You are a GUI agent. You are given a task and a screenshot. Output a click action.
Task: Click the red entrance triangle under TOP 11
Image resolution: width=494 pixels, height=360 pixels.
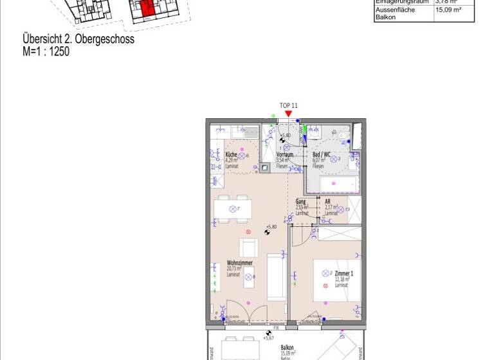point(289,114)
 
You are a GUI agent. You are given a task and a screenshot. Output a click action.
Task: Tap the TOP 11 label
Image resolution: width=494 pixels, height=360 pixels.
point(289,105)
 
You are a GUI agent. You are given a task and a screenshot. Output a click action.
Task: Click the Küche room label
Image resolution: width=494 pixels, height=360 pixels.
point(231,155)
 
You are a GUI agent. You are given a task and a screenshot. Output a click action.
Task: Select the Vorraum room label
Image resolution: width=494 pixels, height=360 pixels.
point(284,155)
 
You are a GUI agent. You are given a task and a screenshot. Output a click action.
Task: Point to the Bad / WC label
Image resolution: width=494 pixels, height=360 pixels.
point(321,155)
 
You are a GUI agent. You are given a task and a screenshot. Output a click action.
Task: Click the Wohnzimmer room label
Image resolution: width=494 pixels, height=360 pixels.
point(239,263)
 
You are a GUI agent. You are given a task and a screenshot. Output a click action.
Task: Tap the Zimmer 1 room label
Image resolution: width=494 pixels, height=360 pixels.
point(344,273)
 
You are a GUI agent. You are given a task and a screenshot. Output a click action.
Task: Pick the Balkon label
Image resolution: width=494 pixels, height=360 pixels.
point(288,348)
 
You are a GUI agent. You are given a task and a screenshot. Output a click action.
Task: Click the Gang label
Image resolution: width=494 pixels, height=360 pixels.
point(300,201)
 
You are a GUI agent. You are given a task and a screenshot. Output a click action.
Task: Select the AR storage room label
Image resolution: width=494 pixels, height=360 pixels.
point(328,201)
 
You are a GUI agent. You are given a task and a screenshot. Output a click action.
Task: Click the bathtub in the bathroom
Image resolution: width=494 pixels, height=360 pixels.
point(332,185)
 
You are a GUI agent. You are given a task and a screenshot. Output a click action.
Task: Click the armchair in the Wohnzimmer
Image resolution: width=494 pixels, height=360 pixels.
point(249,248)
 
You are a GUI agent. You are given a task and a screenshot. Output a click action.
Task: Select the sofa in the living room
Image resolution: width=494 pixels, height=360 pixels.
point(277,276)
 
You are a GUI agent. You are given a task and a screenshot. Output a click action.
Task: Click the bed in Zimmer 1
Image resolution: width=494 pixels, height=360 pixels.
point(338,280)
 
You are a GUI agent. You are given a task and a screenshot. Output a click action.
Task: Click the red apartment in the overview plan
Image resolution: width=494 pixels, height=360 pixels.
point(147,9)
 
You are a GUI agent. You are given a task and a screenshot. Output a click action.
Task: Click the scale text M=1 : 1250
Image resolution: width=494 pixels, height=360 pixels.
point(46,51)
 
